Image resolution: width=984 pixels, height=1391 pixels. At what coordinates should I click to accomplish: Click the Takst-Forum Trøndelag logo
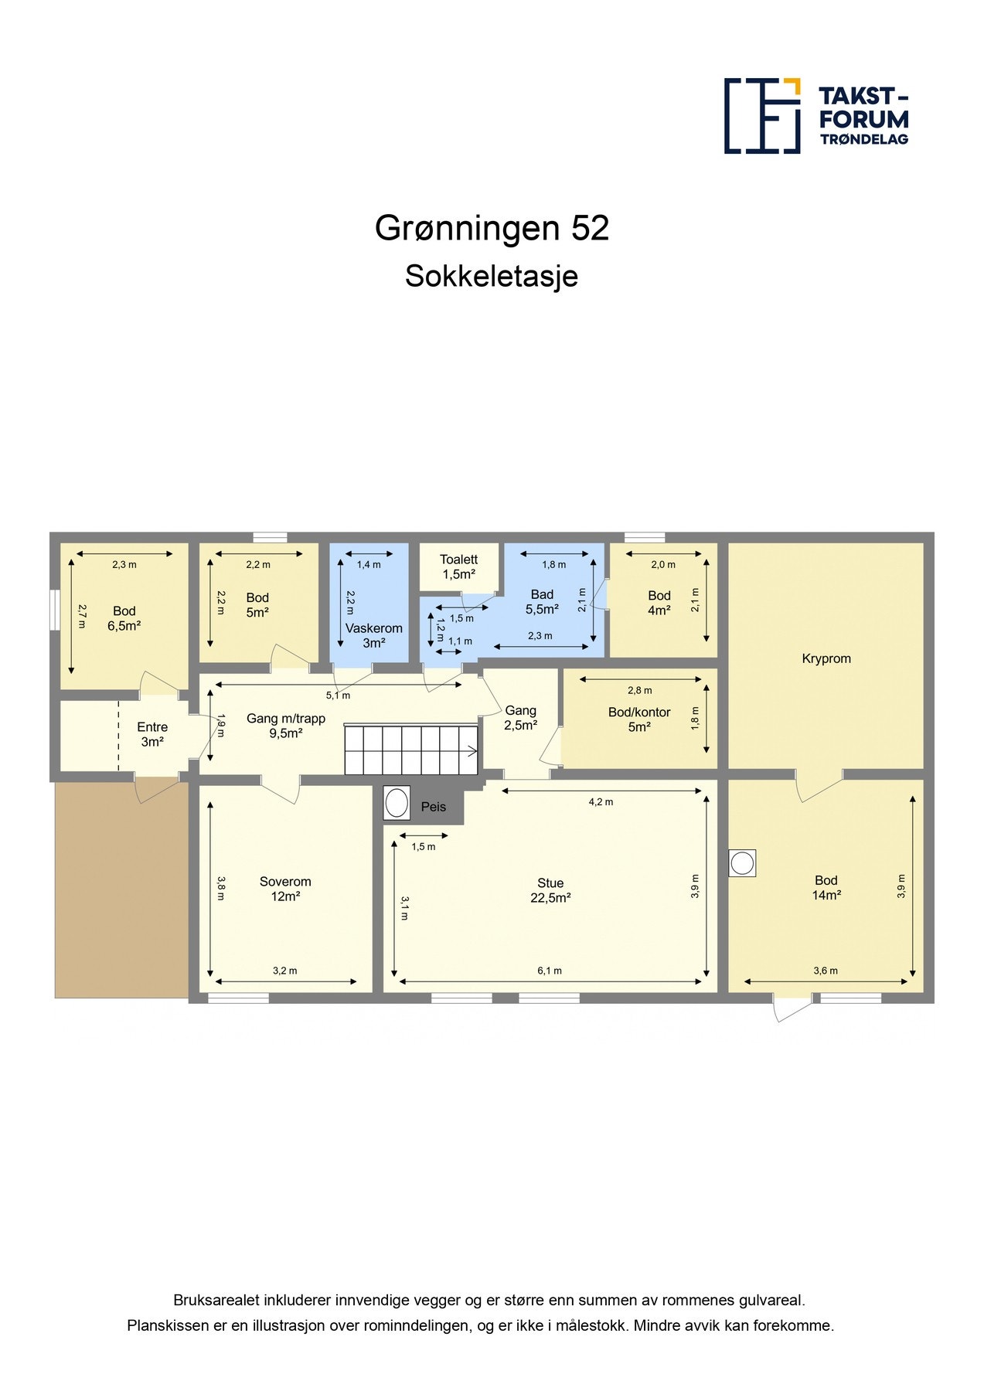click(815, 116)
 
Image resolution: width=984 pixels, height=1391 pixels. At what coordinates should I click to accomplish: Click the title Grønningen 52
click(492, 228)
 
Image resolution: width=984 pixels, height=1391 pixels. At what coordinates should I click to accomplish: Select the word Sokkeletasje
click(492, 276)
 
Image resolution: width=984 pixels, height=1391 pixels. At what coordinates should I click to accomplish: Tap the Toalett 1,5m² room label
click(458, 566)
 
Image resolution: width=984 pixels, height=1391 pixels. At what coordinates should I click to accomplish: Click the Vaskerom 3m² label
click(373, 635)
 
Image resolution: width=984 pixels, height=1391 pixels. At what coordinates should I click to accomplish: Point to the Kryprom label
click(826, 658)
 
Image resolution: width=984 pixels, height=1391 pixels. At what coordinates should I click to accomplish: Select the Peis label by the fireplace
click(433, 807)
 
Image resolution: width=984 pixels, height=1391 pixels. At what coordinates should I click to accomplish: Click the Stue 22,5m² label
click(550, 890)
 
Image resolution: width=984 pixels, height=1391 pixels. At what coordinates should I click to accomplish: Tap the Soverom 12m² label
click(285, 889)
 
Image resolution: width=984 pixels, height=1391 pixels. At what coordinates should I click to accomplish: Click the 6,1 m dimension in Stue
click(550, 971)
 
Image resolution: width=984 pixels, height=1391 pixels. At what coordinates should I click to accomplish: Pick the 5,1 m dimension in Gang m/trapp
click(338, 695)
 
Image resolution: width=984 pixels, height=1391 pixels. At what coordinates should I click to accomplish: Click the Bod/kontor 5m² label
click(638, 719)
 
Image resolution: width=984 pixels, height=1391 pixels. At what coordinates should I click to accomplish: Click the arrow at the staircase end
click(470, 750)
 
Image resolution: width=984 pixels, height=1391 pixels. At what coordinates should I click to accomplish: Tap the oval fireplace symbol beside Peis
click(397, 803)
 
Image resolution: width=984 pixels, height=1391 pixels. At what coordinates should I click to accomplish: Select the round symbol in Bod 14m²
click(742, 863)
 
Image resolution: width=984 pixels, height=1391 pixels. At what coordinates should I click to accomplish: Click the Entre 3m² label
click(152, 734)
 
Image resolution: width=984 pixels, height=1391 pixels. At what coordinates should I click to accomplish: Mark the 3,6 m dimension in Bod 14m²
click(825, 971)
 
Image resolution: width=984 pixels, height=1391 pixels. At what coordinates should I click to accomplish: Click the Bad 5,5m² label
click(542, 601)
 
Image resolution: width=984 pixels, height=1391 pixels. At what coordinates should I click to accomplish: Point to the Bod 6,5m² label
click(124, 618)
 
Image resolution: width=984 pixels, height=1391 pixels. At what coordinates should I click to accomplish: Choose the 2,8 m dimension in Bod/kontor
click(639, 690)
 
